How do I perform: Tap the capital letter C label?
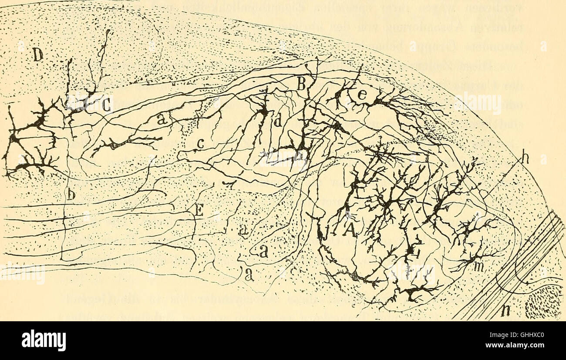106,104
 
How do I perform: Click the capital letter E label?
199,210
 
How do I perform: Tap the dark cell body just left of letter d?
263,111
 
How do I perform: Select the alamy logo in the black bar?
44,340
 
